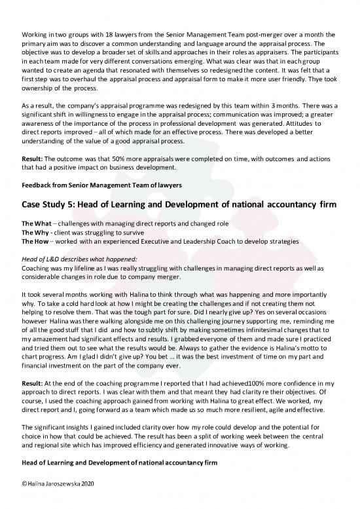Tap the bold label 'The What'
click(37, 223)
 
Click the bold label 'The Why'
click(36, 232)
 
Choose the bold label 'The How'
click(36, 241)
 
